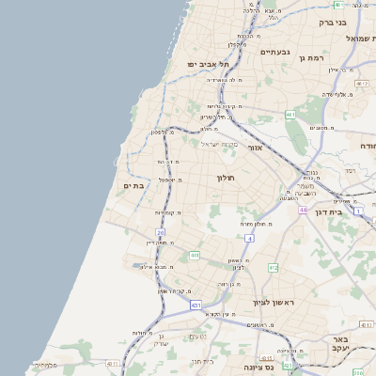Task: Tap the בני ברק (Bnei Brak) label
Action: click(354, 21)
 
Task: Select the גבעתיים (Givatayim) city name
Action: click(279, 52)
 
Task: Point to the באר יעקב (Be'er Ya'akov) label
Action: click(359, 342)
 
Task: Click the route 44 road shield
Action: click(303, 211)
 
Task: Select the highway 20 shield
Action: click(161, 231)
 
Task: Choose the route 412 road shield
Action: click(273, 268)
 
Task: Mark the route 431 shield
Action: click(196, 305)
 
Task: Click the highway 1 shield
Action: click(359, 211)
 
